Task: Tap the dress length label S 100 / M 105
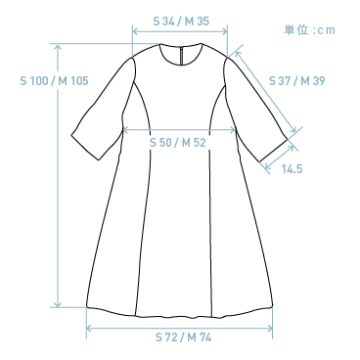point(55,81)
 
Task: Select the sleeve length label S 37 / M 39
point(295,80)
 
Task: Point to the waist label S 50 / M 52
point(177,143)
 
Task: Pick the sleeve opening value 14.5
point(292,169)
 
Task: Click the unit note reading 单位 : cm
point(309,30)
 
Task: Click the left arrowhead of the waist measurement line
point(122,130)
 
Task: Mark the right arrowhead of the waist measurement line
point(234,130)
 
